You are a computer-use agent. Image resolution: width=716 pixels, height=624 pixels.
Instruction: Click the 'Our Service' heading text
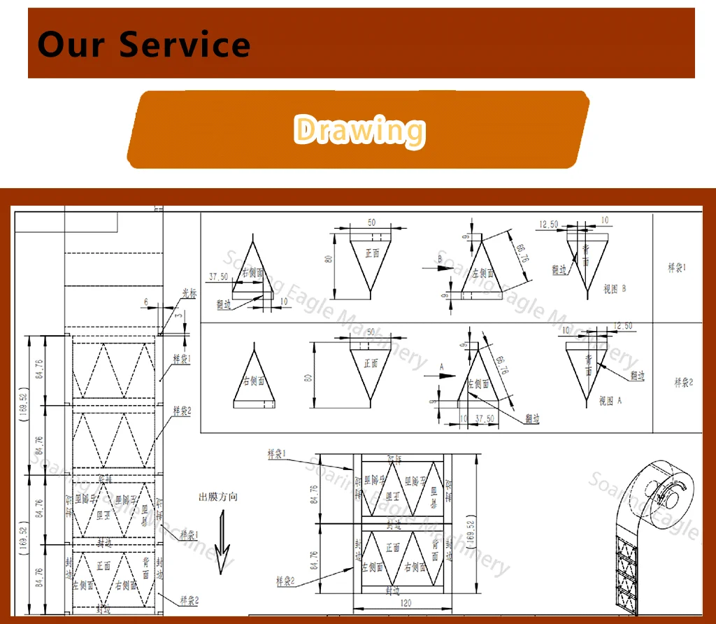point(143,44)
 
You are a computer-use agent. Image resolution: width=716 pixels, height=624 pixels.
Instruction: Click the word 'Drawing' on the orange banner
point(359,130)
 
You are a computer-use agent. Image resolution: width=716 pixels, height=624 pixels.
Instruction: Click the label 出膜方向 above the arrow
point(218,497)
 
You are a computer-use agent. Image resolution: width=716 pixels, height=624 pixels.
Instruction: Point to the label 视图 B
point(614,289)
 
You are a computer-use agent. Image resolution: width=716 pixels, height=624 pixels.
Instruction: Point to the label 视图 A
point(610,402)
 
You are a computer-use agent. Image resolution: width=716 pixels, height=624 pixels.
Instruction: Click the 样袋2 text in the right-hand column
point(683,382)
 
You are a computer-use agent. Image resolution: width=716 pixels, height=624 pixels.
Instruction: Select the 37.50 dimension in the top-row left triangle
point(218,276)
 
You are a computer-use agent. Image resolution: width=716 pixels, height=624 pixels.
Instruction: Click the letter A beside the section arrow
point(441,366)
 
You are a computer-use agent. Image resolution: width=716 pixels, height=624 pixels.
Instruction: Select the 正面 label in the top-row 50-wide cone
point(372,253)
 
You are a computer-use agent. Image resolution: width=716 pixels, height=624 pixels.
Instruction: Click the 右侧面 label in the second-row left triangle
point(253,381)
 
